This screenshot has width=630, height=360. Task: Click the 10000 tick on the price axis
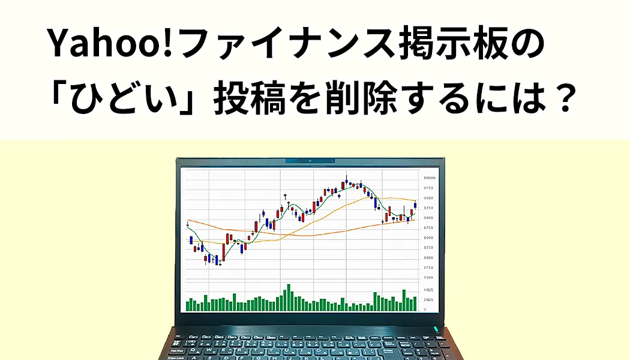[430, 178]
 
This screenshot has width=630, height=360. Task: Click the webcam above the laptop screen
[310, 161]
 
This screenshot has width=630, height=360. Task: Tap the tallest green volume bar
[289, 297]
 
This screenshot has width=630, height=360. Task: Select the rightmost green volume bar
[415, 303]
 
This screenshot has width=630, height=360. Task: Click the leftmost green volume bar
[187, 305]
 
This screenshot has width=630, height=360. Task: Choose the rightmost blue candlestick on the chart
[415, 205]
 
